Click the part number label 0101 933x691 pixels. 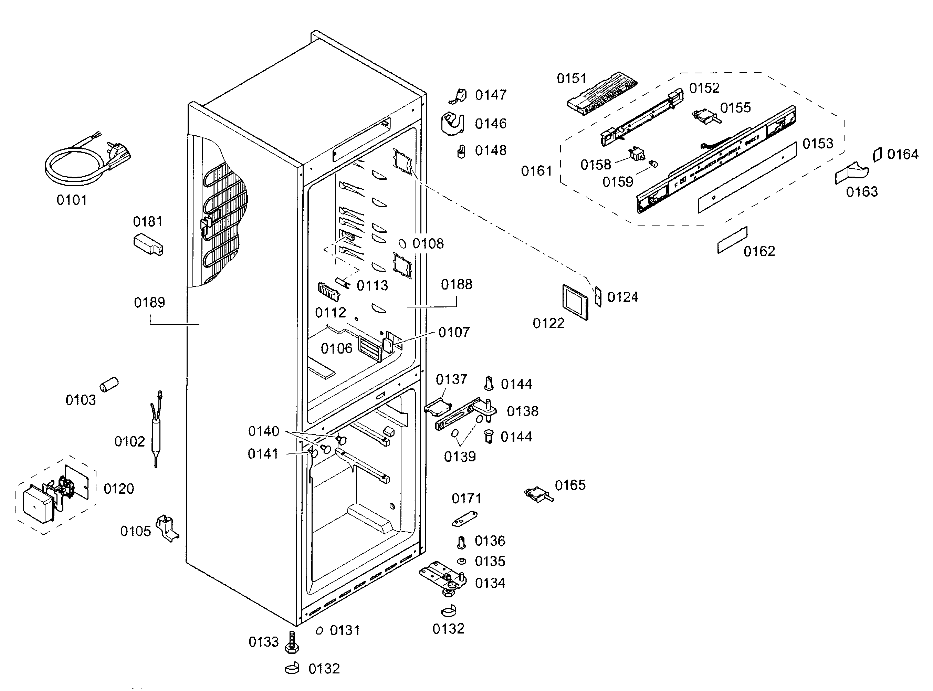pos(72,200)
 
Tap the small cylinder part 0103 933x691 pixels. pos(109,384)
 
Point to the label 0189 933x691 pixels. pos(149,302)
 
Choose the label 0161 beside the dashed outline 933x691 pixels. pos(536,171)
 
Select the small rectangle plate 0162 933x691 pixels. pos(732,240)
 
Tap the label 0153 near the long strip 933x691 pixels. pos(818,144)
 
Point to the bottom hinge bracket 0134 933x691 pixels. pos(443,577)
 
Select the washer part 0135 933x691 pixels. pos(462,561)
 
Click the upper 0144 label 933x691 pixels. pos(516,384)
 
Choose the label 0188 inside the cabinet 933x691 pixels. pos(457,285)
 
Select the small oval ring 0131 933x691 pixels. pos(319,630)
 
